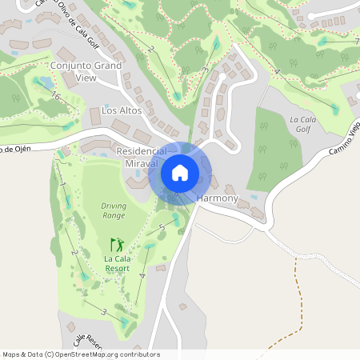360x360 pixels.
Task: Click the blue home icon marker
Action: pos(180,172)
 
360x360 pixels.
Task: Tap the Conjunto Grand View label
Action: pos(86,70)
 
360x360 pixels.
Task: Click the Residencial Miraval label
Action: pos(142,157)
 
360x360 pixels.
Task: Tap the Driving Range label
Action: pos(114,210)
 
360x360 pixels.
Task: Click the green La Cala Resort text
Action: pos(117,263)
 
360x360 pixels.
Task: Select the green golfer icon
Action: pos(117,244)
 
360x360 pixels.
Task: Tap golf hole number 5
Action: pos(162,229)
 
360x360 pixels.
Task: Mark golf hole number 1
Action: pos(62,186)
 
